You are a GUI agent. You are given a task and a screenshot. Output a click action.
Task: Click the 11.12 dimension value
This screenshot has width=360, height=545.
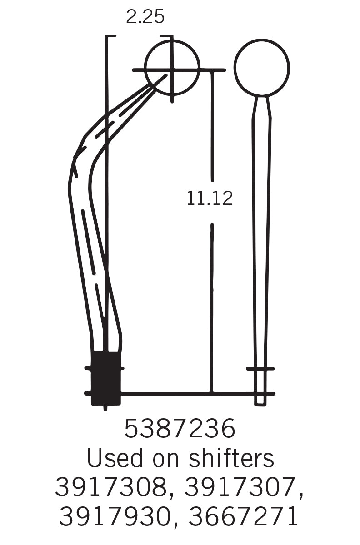point(210,198)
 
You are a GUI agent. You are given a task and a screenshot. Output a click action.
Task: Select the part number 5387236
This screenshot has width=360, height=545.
point(180,429)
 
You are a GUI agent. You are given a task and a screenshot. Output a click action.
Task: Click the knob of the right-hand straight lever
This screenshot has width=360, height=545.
point(261,68)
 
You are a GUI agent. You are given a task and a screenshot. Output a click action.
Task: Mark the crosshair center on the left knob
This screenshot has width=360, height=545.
point(172,70)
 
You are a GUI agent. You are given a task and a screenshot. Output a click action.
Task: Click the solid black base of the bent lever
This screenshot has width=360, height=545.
point(106,377)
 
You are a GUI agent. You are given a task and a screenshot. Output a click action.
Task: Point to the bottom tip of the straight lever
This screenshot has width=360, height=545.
point(260,404)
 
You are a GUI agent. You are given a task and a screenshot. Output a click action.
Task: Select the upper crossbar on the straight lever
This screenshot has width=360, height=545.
point(260,368)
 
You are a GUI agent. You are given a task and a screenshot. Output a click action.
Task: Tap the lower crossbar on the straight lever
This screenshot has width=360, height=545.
point(260,393)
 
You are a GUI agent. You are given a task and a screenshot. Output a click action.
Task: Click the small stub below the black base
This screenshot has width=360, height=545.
point(105,407)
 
